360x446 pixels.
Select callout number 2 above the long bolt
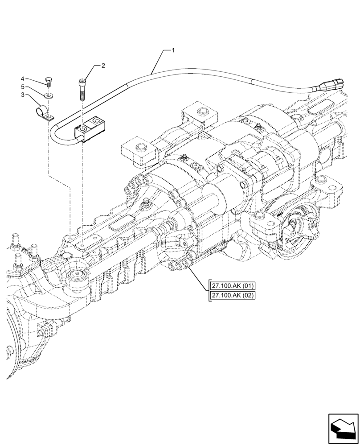pos(103,66)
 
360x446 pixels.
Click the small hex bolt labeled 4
pos(48,82)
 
